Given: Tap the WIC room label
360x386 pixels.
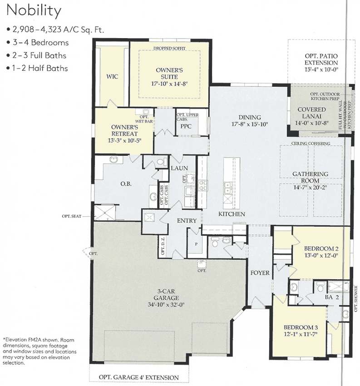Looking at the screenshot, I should tap(112, 76).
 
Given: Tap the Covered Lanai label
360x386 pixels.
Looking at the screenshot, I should tap(311, 113).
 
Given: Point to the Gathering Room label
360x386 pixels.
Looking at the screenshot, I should tap(310, 177).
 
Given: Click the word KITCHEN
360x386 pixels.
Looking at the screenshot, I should tap(232, 214).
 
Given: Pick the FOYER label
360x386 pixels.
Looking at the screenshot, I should tap(260, 273).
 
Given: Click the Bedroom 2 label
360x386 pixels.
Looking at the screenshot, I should tap(321, 249).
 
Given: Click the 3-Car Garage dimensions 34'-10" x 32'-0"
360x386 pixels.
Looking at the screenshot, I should tap(164, 304).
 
